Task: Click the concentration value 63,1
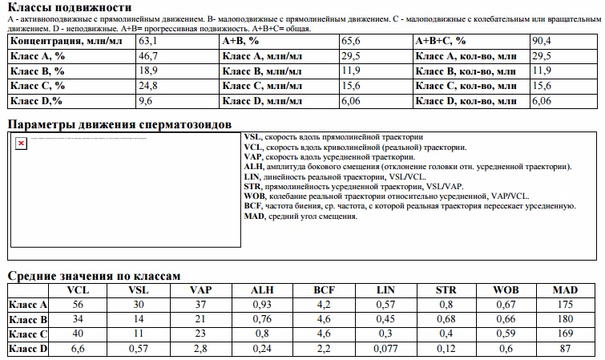148,40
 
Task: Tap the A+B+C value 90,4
542,40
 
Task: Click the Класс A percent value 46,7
148,55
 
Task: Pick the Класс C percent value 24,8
148,86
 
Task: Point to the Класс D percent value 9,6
145,101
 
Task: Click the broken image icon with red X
22,143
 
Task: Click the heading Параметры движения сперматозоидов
119,124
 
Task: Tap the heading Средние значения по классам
88,275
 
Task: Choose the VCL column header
78,289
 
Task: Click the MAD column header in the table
567,289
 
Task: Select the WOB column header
506,289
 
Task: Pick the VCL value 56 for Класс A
78,304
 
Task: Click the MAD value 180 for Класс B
567,318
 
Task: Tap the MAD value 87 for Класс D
567,348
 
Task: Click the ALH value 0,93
261,304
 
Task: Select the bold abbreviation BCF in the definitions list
254,206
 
